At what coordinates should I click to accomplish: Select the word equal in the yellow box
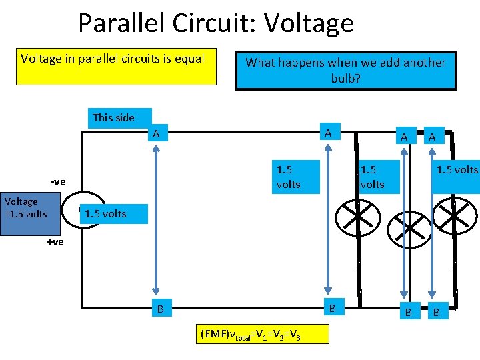189,59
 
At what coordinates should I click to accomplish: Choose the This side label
114,118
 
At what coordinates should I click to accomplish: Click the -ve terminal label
58,182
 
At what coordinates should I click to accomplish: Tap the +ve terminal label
55,242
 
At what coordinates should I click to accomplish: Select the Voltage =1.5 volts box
26,207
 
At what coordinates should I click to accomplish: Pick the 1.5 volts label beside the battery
105,214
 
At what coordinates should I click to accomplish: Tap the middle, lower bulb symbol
407,231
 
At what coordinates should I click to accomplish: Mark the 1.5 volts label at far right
457,170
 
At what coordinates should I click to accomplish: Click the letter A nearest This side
156,134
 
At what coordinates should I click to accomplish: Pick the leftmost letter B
159,309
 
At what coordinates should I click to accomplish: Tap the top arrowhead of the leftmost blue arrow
156,148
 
